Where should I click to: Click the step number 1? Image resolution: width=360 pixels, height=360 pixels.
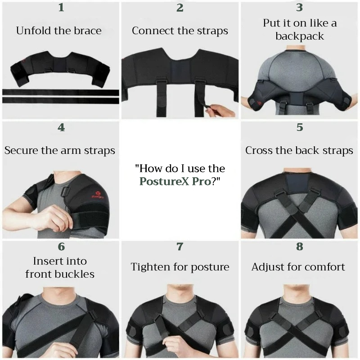click(x=61, y=7)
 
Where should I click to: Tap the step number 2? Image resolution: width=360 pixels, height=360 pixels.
click(x=180, y=7)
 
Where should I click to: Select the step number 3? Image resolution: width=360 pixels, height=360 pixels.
click(x=299, y=7)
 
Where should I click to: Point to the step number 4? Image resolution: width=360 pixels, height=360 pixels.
click(x=61, y=127)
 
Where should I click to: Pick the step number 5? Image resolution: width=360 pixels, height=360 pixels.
click(x=300, y=127)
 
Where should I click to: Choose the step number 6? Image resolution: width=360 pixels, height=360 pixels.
click(x=61, y=247)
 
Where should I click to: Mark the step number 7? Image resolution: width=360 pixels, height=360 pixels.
click(x=180, y=247)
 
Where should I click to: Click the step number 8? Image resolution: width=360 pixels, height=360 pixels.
click(x=300, y=246)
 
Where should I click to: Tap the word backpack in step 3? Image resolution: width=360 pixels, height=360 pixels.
click(x=300, y=36)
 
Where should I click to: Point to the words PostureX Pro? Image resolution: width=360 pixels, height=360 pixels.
click(x=175, y=181)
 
